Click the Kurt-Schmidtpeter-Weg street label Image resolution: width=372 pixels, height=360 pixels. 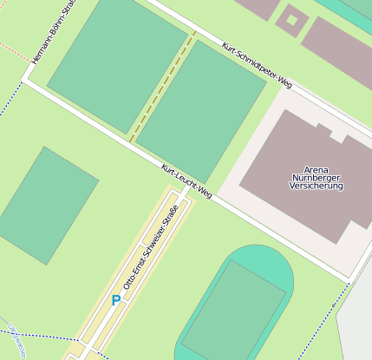(257, 65)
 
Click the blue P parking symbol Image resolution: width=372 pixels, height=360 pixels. (115, 300)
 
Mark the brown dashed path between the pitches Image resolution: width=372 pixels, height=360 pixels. (162, 87)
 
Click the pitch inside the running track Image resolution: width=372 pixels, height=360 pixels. (232, 311)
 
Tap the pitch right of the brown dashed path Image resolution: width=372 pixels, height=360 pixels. (201, 108)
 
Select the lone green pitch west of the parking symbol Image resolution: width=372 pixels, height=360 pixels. (46, 205)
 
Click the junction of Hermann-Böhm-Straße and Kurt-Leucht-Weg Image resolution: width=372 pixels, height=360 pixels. (26, 82)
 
